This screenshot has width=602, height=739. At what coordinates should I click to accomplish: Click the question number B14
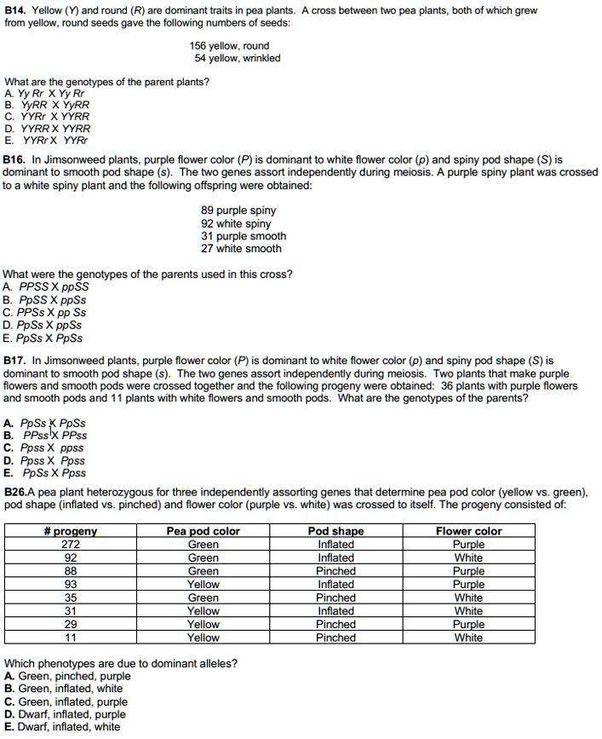[15, 10]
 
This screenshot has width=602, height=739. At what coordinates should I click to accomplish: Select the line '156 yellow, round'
[229, 46]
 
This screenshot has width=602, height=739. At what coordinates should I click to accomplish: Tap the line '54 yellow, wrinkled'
[237, 58]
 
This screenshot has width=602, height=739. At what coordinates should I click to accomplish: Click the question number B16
[15, 159]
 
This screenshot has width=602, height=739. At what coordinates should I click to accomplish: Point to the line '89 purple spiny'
[238, 211]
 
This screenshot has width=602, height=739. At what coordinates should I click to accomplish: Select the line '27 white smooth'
[241, 249]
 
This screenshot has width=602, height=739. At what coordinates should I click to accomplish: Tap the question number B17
[15, 361]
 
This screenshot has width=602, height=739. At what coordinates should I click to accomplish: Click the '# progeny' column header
[71, 531]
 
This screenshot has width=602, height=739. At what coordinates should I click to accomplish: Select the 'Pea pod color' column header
[203, 531]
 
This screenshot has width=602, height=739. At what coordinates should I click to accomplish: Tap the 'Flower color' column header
[468, 531]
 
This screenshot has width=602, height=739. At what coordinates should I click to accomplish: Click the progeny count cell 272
[71, 545]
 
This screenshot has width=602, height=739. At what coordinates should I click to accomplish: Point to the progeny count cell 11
[71, 638]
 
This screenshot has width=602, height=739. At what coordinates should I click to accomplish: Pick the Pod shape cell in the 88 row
[335, 571]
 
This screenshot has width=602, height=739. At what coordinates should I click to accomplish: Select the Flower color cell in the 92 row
[468, 558]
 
